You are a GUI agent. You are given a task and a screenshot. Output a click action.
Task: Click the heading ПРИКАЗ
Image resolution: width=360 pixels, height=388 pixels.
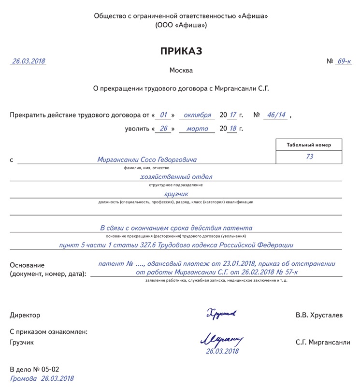[181, 51]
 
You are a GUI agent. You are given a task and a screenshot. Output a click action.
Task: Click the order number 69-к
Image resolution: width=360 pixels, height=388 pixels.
[344, 61]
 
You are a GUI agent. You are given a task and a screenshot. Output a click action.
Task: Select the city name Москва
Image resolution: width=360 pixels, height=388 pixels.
[181, 71]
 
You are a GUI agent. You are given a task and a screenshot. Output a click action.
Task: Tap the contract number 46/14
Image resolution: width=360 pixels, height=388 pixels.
[276, 115]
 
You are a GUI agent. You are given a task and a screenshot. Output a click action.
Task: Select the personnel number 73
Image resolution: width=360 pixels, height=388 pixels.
[309, 157]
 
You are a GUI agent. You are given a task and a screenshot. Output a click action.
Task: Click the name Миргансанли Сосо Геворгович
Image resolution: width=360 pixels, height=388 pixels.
[147, 159]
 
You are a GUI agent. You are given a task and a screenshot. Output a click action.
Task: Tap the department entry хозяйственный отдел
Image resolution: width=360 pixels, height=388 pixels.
[176, 177]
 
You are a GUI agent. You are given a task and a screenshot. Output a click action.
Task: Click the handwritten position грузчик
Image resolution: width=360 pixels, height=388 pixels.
[175, 194]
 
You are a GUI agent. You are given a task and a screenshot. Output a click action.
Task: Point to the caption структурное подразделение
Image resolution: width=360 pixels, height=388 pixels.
[176, 185]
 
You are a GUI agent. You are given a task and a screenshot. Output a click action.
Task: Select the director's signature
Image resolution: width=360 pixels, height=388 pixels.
[221, 314]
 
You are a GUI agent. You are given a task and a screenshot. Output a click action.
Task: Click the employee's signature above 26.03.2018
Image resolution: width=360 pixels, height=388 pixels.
[221, 340]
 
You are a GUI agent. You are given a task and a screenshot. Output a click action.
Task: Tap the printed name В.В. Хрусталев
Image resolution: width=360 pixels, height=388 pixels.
[319, 315]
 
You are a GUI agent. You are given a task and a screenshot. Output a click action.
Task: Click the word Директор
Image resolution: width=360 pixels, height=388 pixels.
[25, 315]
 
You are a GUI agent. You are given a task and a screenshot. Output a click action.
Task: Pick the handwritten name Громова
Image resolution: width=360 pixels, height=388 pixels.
[23, 379]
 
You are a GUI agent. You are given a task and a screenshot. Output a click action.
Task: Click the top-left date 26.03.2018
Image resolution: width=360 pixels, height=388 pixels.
[29, 61]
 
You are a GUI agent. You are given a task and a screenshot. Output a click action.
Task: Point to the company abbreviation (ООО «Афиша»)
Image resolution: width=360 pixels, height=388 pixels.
[181, 25]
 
